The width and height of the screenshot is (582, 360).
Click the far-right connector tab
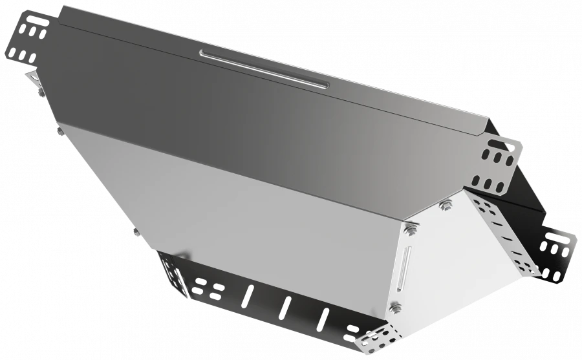(x=557, y=253)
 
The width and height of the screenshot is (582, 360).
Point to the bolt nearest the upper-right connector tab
(x=445, y=207)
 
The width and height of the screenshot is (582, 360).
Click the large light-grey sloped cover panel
(x=246, y=194)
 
